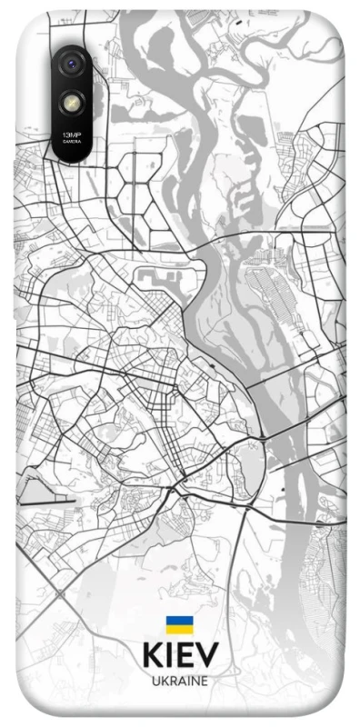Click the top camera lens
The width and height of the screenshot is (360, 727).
tap(72, 64)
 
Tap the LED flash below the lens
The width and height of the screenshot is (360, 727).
tap(72, 102)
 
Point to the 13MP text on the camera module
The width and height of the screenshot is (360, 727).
tap(70, 134)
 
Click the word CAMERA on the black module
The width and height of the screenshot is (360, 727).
tap(70, 143)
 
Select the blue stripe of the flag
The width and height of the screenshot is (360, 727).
tap(179, 620)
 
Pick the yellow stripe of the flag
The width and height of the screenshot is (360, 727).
tap(179, 629)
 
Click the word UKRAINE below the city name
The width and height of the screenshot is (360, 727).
tap(180, 681)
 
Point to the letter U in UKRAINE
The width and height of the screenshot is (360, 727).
tap(155, 681)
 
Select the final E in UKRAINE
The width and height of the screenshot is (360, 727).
tap(205, 681)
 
